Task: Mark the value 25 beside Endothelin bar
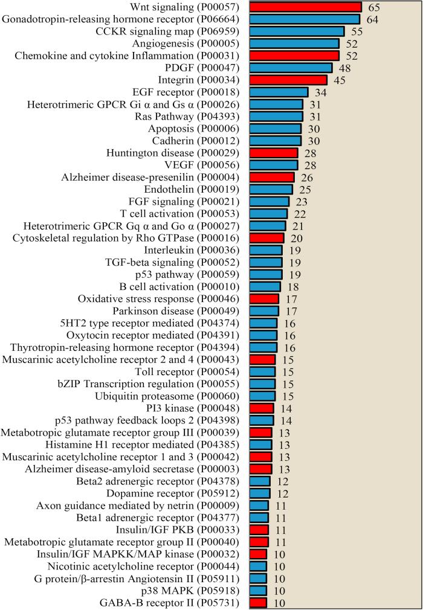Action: [305, 190]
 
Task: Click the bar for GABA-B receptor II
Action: [258, 603]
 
